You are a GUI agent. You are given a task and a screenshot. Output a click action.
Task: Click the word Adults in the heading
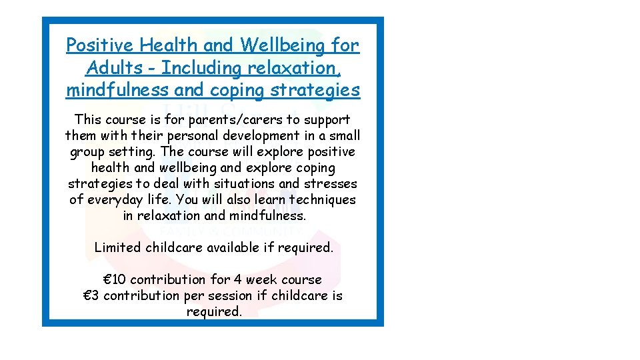pyautogui.click(x=114, y=67)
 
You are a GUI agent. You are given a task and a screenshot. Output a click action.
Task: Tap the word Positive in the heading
pyautogui.click(x=99, y=45)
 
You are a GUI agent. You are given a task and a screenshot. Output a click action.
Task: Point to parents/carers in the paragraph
pyautogui.click(x=229, y=120)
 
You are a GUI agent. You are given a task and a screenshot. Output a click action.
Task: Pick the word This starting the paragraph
pyautogui.click(x=87, y=120)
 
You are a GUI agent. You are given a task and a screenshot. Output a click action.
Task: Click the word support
pyautogui.click(x=325, y=120)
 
